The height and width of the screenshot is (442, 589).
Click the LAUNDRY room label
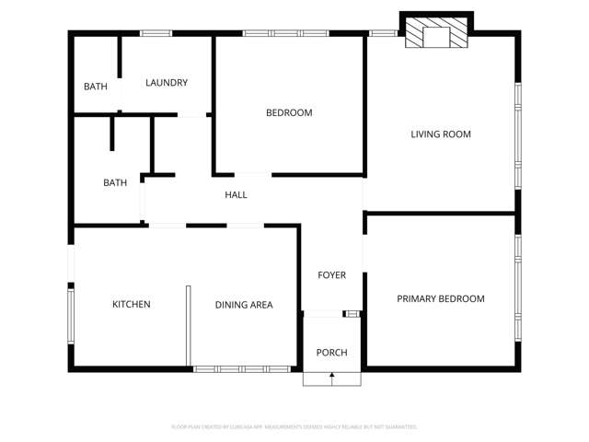167,83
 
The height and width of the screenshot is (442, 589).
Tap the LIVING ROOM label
440,134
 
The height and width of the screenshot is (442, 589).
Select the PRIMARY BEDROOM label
440,299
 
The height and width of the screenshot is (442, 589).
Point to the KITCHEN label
131,305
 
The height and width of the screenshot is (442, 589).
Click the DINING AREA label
244,305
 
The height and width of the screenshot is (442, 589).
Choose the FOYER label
331,275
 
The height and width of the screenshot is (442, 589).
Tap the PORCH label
331,353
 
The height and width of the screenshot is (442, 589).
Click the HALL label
236,195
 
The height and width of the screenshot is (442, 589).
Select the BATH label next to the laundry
95,87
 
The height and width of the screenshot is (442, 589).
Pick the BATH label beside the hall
115,183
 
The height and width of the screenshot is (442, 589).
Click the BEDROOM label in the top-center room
289,113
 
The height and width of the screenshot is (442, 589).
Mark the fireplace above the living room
437,33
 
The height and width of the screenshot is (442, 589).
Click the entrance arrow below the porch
332,376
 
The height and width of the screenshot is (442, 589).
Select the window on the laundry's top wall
156,33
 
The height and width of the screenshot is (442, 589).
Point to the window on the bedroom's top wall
286,33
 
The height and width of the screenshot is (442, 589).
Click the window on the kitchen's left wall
70,315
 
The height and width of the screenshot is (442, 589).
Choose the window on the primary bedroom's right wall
518,288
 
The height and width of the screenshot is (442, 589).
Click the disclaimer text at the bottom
294,426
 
